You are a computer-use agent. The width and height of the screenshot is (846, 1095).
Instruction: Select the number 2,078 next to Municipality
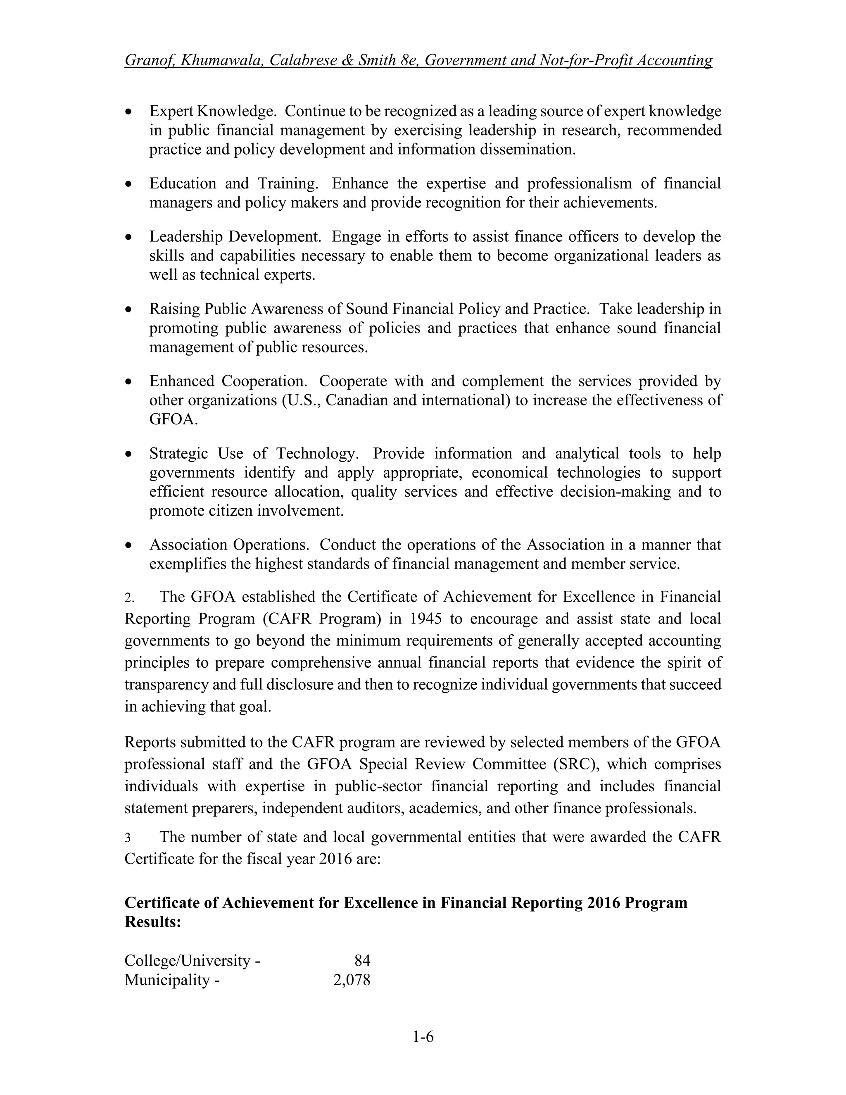[352, 980]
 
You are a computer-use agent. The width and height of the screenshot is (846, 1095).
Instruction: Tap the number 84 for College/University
[362, 960]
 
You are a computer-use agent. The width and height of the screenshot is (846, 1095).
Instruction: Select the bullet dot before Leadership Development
[129, 237]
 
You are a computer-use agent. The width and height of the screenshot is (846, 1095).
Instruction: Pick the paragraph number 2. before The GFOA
[129, 597]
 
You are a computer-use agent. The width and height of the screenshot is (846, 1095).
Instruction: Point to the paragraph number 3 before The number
[128, 838]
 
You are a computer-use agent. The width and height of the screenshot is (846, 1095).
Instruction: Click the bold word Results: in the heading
[152, 921]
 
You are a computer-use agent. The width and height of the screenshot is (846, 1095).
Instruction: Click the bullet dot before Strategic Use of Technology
[129, 454]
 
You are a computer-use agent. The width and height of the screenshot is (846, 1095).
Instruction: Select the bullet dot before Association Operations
[129, 545]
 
